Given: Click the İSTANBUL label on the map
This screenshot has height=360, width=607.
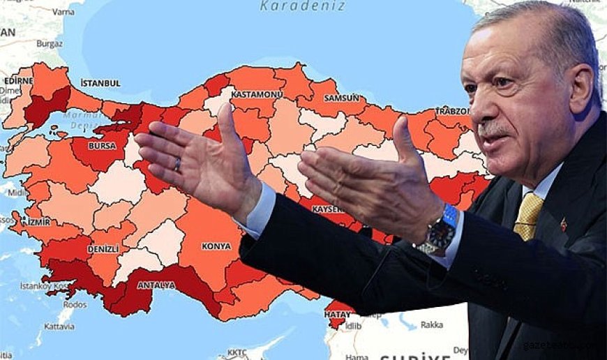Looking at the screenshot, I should [x=100, y=83].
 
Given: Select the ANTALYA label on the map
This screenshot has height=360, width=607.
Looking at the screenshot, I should [x=156, y=285].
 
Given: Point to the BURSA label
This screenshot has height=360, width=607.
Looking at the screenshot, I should [x=102, y=147].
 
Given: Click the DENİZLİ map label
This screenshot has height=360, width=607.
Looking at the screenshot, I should [x=103, y=249].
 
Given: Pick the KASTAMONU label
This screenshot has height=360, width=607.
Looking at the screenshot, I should [x=257, y=94].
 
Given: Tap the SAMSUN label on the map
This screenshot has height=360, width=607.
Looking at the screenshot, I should [x=342, y=98].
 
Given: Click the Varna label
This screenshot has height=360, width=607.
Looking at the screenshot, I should [x=63, y=12].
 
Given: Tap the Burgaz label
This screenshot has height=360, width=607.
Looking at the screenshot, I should [x=50, y=43].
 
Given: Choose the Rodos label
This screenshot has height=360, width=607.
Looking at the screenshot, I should [x=75, y=304].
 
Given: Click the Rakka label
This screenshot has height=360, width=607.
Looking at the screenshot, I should [x=431, y=324].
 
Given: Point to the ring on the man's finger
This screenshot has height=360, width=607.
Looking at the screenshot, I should [x=177, y=165].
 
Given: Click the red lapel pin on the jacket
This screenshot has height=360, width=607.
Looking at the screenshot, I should [x=564, y=224].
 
